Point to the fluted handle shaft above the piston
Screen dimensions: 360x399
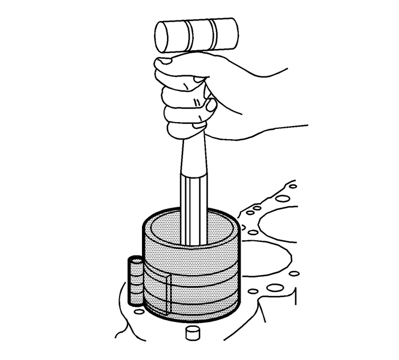pos(193,205)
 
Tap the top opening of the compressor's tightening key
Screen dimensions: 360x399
pos(135,260)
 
